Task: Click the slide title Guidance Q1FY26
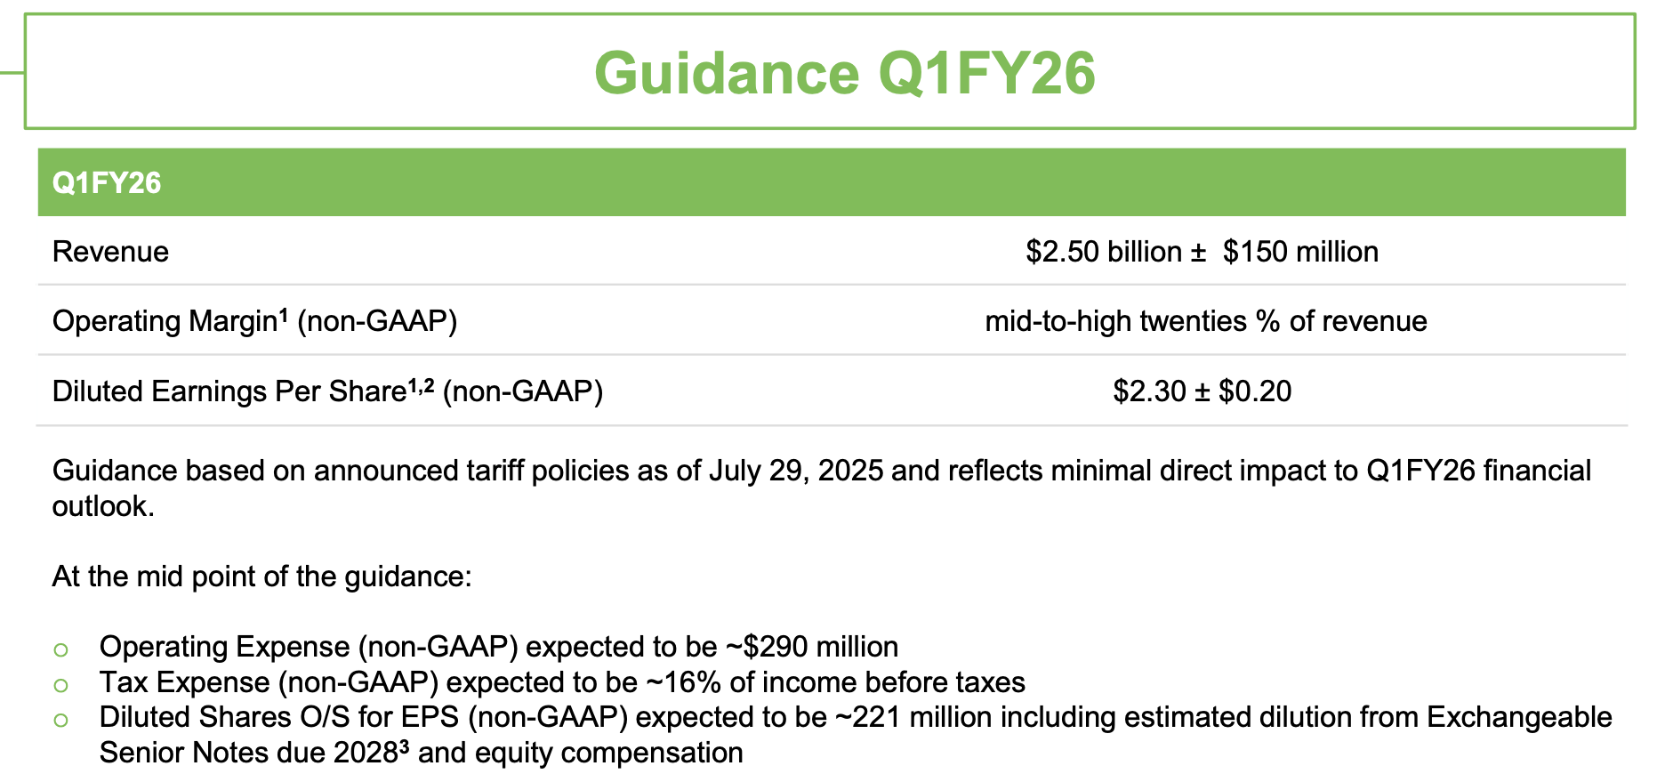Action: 844,73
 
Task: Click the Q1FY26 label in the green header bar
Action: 107,183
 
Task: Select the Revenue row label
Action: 110,252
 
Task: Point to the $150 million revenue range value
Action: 1300,252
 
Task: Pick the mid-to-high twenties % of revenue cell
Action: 1205,321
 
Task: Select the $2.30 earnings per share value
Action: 1149,391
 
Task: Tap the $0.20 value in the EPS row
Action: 1255,391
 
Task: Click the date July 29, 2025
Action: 796,471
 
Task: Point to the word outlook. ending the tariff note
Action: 103,506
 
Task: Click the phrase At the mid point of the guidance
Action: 261,576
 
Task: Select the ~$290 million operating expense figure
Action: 811,647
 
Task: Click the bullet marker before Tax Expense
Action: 60,685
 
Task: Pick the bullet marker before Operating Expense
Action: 60,649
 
